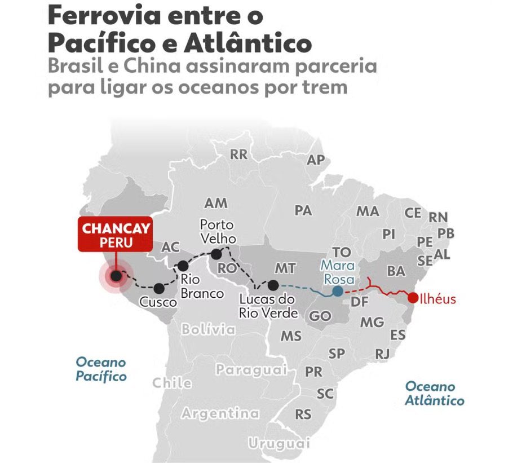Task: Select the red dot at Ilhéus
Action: point(413,298)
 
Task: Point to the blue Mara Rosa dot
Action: point(337,291)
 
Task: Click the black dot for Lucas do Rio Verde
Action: point(273,285)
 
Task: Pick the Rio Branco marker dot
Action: point(183,266)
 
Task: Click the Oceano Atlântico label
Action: point(435,394)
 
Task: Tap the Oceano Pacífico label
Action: point(101,369)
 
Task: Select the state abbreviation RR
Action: point(238,154)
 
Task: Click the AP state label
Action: point(316,160)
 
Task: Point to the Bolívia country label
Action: point(208,329)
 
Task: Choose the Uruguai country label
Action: point(280,444)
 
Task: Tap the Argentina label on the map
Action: point(220,413)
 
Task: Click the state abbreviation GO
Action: point(320,316)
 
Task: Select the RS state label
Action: point(303,415)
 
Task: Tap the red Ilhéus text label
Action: point(438,299)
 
